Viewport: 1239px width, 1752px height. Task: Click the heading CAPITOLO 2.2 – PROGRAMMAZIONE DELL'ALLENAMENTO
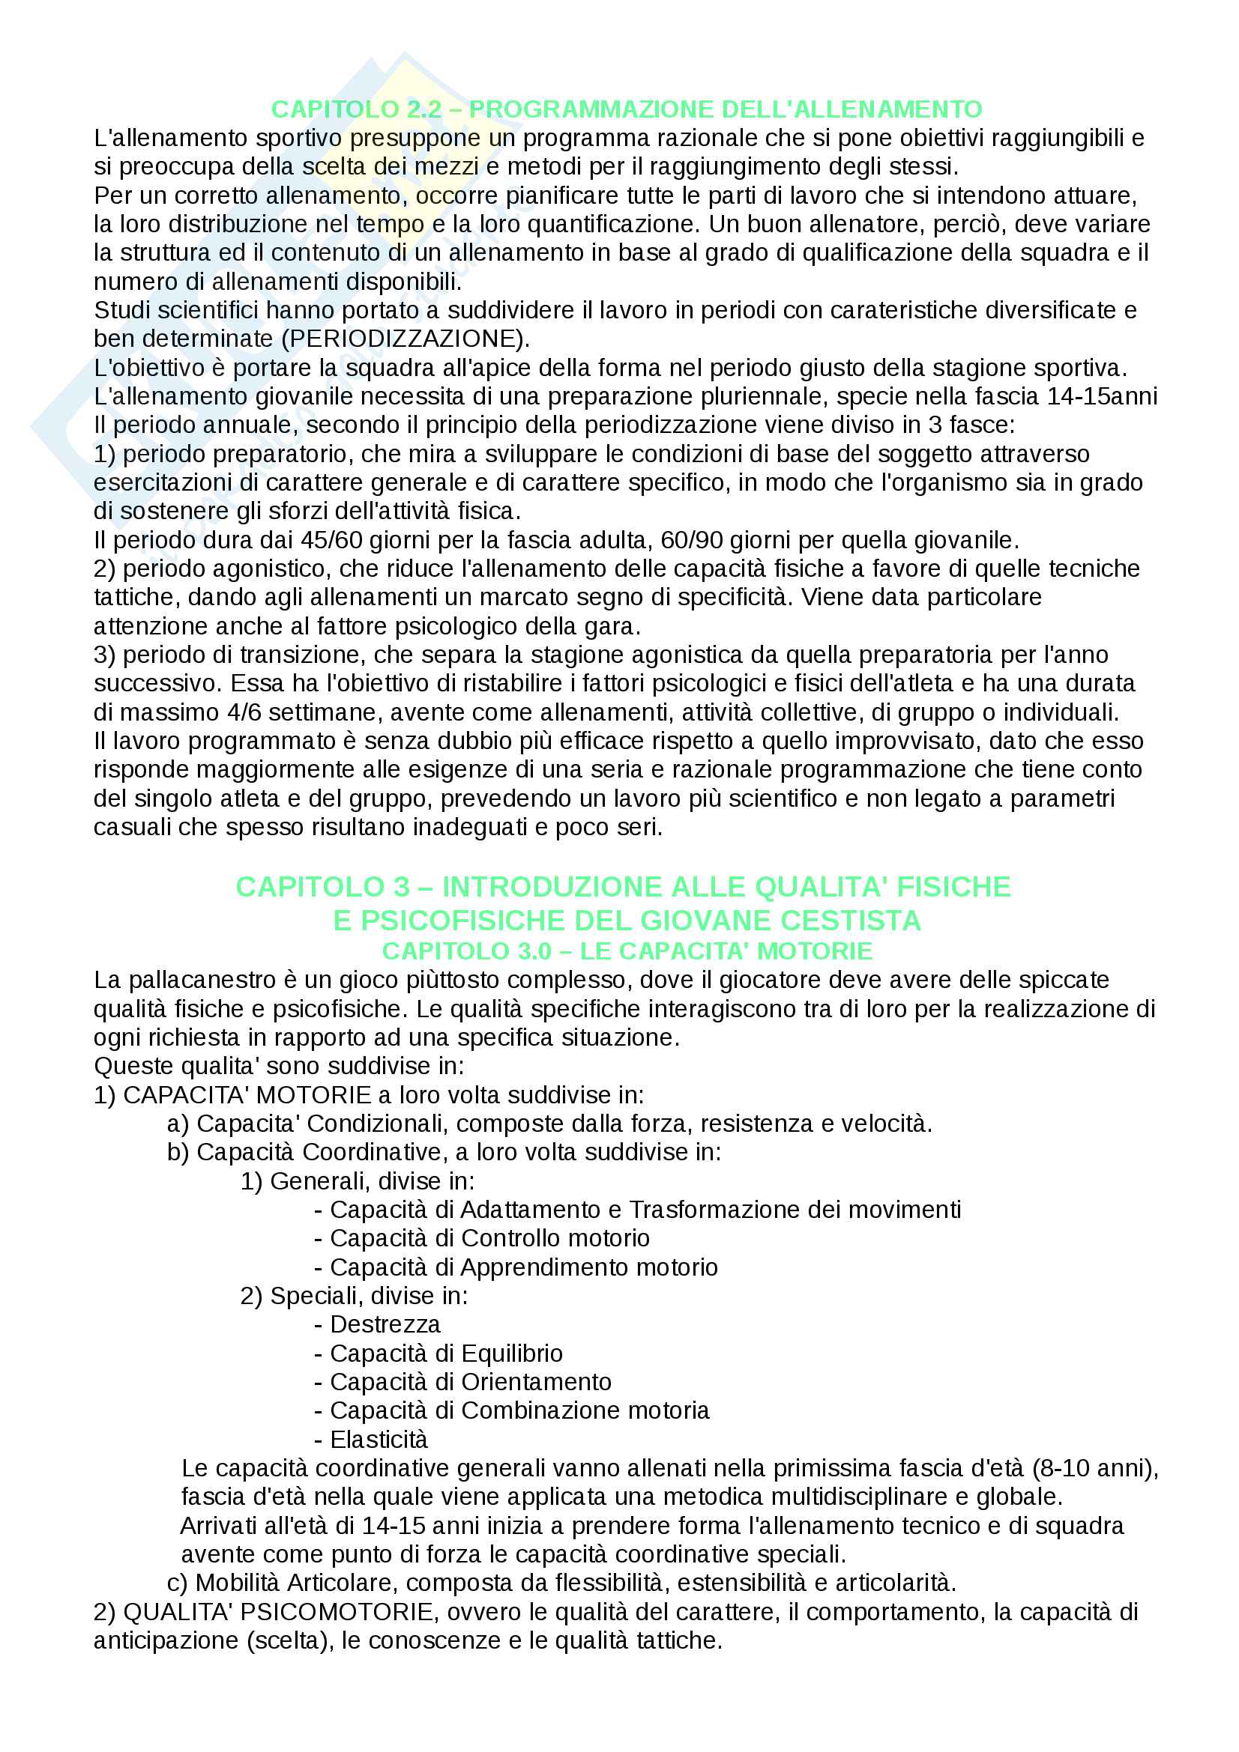click(626, 110)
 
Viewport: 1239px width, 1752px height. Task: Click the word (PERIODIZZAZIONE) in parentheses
click(405, 339)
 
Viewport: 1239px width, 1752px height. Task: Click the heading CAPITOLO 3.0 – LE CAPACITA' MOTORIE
click(627, 951)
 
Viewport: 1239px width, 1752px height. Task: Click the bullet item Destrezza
click(385, 1325)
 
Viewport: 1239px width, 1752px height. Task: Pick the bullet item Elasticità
click(379, 1440)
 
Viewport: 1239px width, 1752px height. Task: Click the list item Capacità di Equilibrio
click(446, 1354)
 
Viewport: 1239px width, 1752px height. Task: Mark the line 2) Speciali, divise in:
click(355, 1296)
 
